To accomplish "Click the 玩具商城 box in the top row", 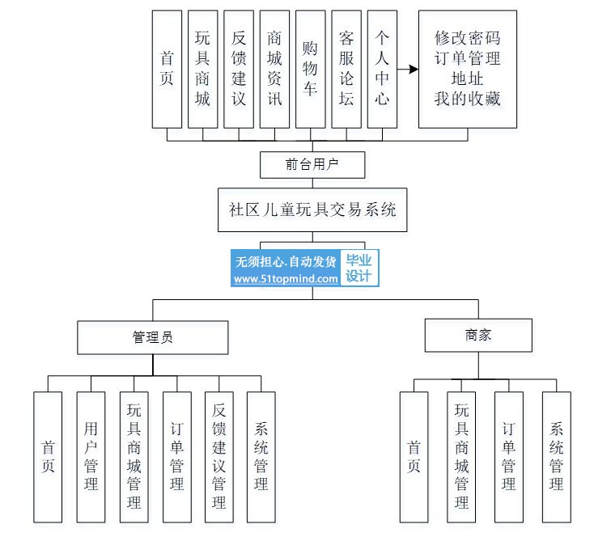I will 202,69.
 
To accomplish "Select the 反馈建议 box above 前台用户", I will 239,69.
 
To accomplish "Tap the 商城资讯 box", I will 274,69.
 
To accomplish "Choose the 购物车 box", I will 310,69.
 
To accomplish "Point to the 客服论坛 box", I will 346,69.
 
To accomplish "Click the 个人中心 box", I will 382,69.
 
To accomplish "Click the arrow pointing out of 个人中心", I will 409,70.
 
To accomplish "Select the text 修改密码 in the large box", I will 467,38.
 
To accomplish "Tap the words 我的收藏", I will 467,99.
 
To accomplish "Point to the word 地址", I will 467,78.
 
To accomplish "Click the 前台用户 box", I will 312,164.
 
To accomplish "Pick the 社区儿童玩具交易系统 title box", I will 312,209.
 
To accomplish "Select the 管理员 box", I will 152,337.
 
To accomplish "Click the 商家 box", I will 478,334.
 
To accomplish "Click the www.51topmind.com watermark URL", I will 286,278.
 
